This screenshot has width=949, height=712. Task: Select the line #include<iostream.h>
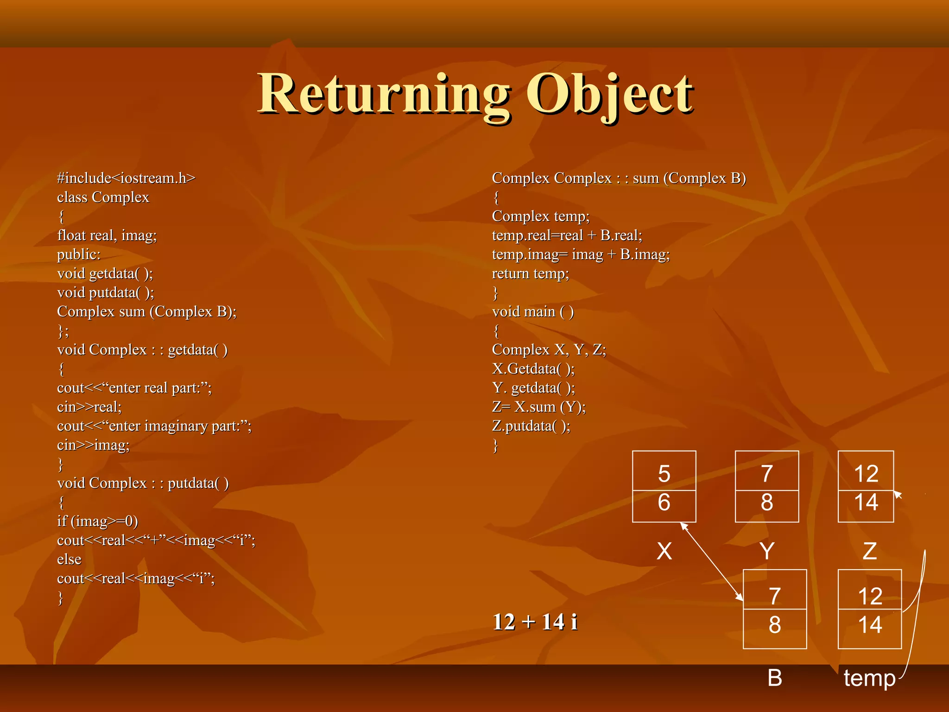(126, 178)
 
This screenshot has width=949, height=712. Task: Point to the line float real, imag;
(107, 235)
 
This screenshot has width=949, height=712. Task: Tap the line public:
(79, 254)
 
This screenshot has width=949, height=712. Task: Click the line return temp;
(530, 273)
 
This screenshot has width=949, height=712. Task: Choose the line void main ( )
(533, 311)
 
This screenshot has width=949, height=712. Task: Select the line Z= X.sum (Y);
(538, 407)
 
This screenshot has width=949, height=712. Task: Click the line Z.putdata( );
(531, 426)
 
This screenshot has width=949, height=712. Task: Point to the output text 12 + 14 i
(535, 622)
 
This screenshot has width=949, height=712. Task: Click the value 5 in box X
(664, 474)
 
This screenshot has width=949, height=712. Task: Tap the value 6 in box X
(664, 502)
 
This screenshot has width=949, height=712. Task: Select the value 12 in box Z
(866, 474)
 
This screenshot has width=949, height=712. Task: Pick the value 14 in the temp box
(870, 625)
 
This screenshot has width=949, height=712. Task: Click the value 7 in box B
(775, 596)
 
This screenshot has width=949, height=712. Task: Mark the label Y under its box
(767, 551)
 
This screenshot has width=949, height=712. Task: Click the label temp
(869, 678)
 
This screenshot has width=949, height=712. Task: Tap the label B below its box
(775, 678)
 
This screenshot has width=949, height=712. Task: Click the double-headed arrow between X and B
(712, 561)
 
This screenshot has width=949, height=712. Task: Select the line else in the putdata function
(69, 559)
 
